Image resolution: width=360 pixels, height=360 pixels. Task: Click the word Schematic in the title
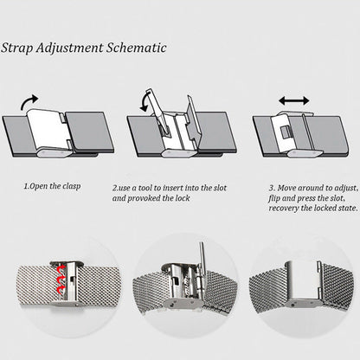(x=137, y=48)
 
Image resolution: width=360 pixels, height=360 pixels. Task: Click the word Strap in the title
(x=16, y=48)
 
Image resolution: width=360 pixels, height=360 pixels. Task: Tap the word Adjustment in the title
(x=69, y=48)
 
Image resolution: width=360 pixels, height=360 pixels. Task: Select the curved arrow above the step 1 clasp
(x=29, y=102)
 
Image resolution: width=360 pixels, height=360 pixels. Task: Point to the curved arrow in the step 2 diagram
(x=144, y=103)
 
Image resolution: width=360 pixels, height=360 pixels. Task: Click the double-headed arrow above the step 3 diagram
(x=294, y=101)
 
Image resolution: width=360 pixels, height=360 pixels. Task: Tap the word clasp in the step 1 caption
(x=72, y=186)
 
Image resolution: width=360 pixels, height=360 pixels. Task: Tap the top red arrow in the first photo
(x=61, y=270)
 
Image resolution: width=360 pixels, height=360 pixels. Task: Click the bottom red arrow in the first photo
(x=61, y=289)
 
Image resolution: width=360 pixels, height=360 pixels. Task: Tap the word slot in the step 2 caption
(x=220, y=188)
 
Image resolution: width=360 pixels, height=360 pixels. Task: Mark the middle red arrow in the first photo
(x=61, y=280)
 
